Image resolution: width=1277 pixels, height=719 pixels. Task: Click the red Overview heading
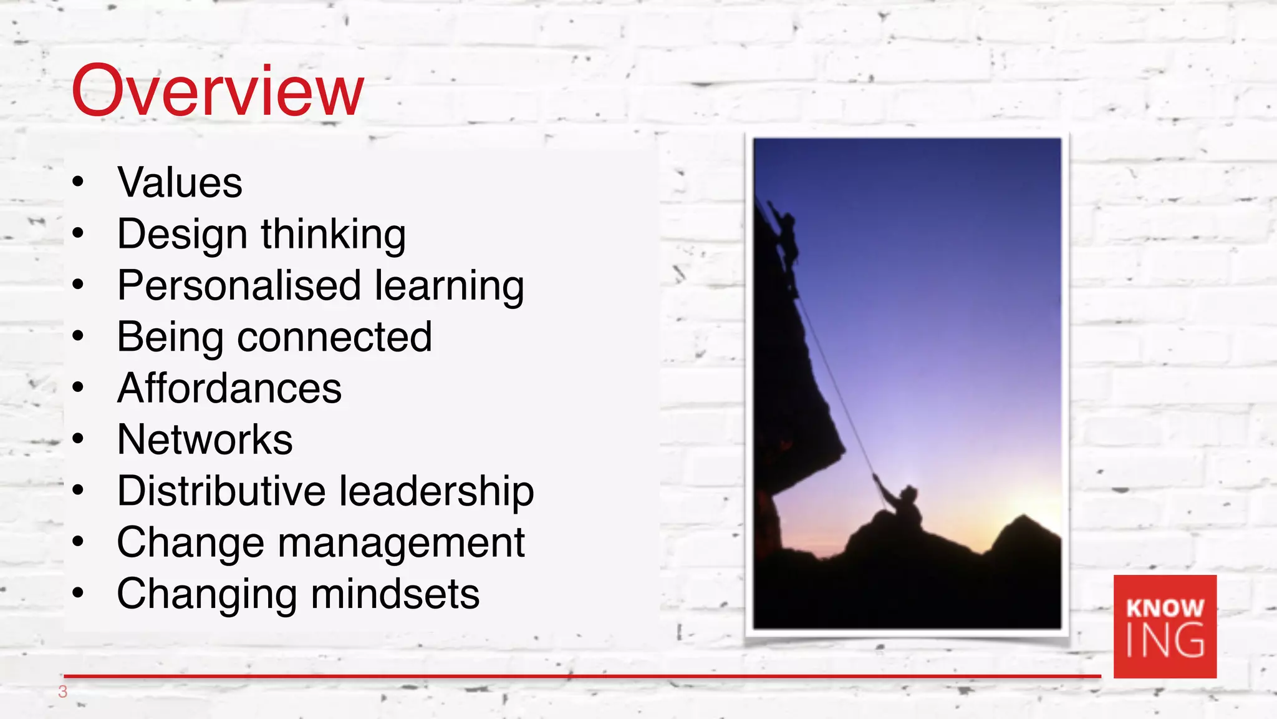pos(217,91)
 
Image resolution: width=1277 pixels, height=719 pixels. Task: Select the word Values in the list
pos(180,183)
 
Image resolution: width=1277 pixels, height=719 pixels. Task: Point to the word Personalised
pos(239,286)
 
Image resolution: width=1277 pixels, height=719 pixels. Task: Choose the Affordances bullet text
pos(229,388)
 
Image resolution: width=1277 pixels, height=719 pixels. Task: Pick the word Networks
pos(205,439)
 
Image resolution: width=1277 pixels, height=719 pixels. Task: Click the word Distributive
pos(221,491)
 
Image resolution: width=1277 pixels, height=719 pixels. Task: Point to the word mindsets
pos(395,594)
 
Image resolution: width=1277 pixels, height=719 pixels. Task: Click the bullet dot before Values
pos(78,183)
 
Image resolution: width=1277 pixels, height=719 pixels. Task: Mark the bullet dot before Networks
pos(78,439)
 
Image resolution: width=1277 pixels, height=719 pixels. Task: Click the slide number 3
pos(62,692)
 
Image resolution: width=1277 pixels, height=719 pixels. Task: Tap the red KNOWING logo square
pos(1165,626)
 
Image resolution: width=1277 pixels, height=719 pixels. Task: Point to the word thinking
pos(333,235)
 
